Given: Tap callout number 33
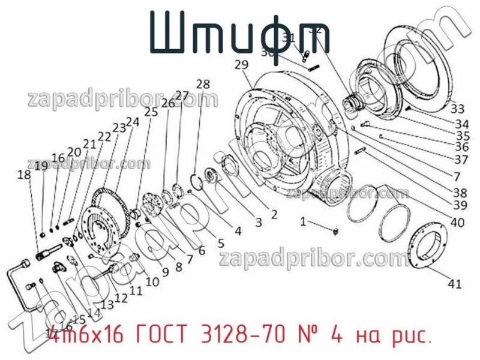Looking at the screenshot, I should click(x=457, y=109).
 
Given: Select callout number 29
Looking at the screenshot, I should click(x=241, y=64).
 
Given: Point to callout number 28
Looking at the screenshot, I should click(x=203, y=84).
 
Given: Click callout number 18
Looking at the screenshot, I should click(x=24, y=175).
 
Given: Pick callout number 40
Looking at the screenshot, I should click(x=457, y=223).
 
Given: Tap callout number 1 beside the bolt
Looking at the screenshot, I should click(x=303, y=223).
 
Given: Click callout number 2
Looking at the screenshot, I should click(x=273, y=214).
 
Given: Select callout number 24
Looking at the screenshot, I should click(x=132, y=122).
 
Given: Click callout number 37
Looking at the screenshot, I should click(x=460, y=160).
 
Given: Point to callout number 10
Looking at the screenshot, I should click(x=152, y=280).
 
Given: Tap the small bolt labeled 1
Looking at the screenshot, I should click(x=335, y=230).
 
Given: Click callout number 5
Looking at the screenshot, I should click(x=220, y=243).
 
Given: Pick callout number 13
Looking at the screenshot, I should click(x=107, y=305).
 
